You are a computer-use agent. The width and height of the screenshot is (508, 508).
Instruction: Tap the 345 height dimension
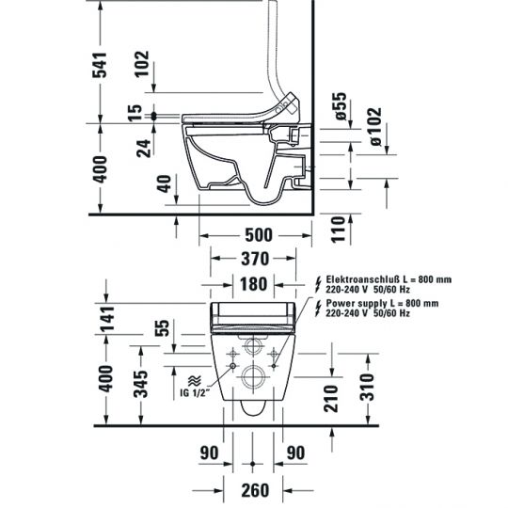pos(139,385)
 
